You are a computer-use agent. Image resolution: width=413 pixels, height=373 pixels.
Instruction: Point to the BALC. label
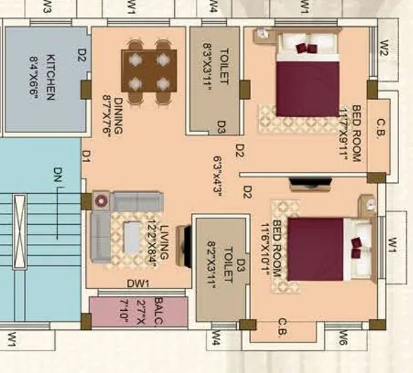pos(159,311)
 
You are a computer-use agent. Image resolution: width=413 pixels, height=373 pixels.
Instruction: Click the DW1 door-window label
pos(140,284)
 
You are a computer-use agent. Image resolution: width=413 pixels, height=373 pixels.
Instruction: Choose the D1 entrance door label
pos(86,155)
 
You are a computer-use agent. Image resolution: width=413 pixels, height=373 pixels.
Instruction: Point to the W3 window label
pos(47,7)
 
